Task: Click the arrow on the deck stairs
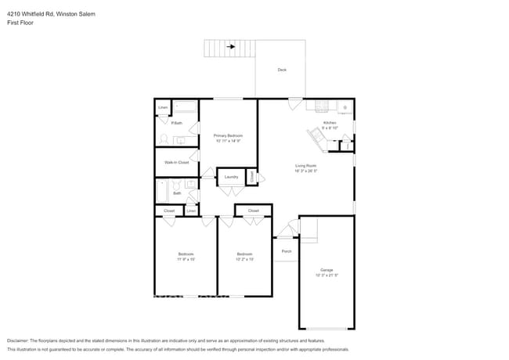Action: pyautogui.click(x=231, y=47)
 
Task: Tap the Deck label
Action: pyautogui.click(x=282, y=70)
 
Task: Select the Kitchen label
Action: pyautogui.click(x=330, y=123)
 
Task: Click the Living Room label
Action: pyautogui.click(x=305, y=165)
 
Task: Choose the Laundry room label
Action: pyautogui.click(x=231, y=177)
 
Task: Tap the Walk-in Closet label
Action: pyautogui.click(x=176, y=162)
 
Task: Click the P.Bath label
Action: pyautogui.click(x=177, y=123)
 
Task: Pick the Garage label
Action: pyautogui.click(x=325, y=270)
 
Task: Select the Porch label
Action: pyautogui.click(x=287, y=251)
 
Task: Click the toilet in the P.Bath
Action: pyautogui.click(x=164, y=139)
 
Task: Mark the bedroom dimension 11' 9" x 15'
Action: pyautogui.click(x=186, y=259)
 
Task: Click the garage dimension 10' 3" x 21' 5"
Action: pyautogui.click(x=325, y=275)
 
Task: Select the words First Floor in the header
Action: pyautogui.click(x=20, y=23)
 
